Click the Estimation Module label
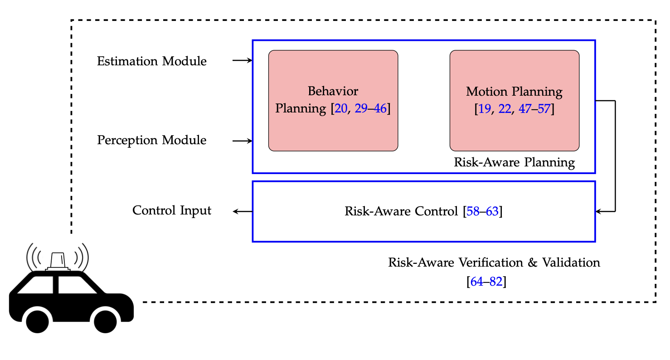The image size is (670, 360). [152, 61]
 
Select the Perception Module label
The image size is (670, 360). [152, 141]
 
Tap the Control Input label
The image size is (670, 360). [172, 211]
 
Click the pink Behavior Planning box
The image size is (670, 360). [333, 101]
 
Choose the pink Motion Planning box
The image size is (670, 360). [515, 101]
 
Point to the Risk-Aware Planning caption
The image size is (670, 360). [515, 162]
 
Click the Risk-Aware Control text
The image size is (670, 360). [401, 211]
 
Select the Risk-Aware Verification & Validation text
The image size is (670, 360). [494, 263]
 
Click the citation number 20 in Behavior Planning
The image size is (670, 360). [341, 108]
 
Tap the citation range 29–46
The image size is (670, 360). [371, 108]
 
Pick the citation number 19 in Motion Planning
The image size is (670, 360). [485, 109]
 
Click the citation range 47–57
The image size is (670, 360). [534, 109]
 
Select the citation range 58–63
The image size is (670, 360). [482, 211]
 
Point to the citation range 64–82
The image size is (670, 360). [486, 282]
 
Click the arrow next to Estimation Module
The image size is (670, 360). [242, 60]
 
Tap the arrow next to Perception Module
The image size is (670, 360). [242, 141]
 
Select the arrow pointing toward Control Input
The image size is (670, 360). [243, 212]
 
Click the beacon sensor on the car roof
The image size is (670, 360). [58, 262]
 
